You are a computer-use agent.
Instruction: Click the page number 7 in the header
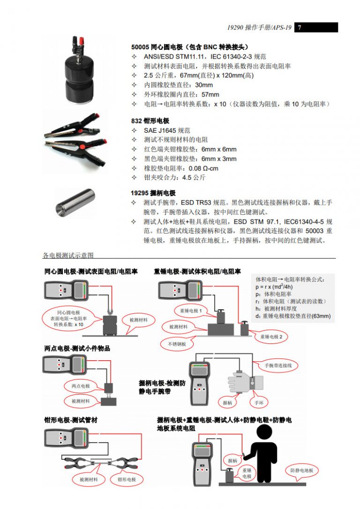click(x=300, y=27)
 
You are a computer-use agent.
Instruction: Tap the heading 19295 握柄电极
click(x=153, y=193)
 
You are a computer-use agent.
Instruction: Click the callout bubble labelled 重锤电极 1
click(x=191, y=311)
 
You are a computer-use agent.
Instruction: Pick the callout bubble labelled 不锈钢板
click(x=177, y=344)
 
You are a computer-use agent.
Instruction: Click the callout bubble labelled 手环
click(x=259, y=403)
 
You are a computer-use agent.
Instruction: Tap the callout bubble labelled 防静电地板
click(x=301, y=470)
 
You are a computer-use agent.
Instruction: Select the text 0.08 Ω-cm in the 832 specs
click(x=203, y=168)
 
